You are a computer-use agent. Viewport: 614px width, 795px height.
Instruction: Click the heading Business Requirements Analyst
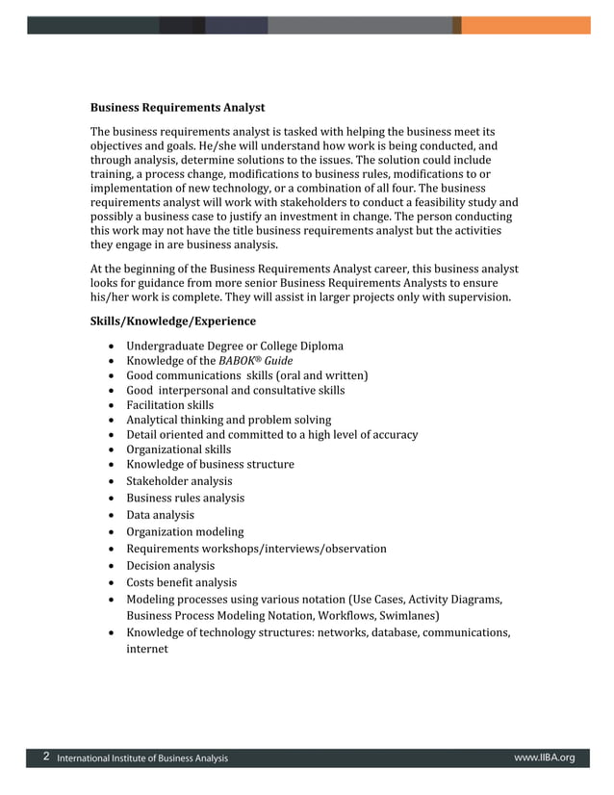click(x=177, y=107)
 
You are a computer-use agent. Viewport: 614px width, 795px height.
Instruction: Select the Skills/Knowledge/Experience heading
click(x=173, y=321)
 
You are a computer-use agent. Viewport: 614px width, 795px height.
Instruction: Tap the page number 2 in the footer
click(x=46, y=757)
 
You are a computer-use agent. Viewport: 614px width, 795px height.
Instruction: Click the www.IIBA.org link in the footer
click(x=544, y=757)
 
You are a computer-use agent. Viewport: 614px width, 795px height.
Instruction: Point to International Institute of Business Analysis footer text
click(x=142, y=758)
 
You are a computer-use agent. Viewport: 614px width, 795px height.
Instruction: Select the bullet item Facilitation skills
click(x=169, y=405)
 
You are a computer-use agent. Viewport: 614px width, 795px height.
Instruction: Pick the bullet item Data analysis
click(x=160, y=515)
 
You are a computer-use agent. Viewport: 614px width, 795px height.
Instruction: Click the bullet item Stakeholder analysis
click(x=179, y=480)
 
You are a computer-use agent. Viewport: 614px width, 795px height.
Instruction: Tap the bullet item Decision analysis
click(x=170, y=566)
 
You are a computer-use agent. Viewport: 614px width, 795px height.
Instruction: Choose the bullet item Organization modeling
click(x=185, y=531)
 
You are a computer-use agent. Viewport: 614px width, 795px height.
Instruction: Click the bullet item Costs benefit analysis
click(x=181, y=582)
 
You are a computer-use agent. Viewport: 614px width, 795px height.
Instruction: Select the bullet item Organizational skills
click(x=178, y=449)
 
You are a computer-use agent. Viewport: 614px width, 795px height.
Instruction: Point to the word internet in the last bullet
click(x=147, y=650)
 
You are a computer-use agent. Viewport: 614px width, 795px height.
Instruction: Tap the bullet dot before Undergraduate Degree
click(x=115, y=346)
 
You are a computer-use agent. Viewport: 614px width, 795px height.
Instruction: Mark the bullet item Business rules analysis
click(x=185, y=498)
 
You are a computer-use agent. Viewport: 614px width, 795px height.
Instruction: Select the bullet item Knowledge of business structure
click(x=210, y=464)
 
